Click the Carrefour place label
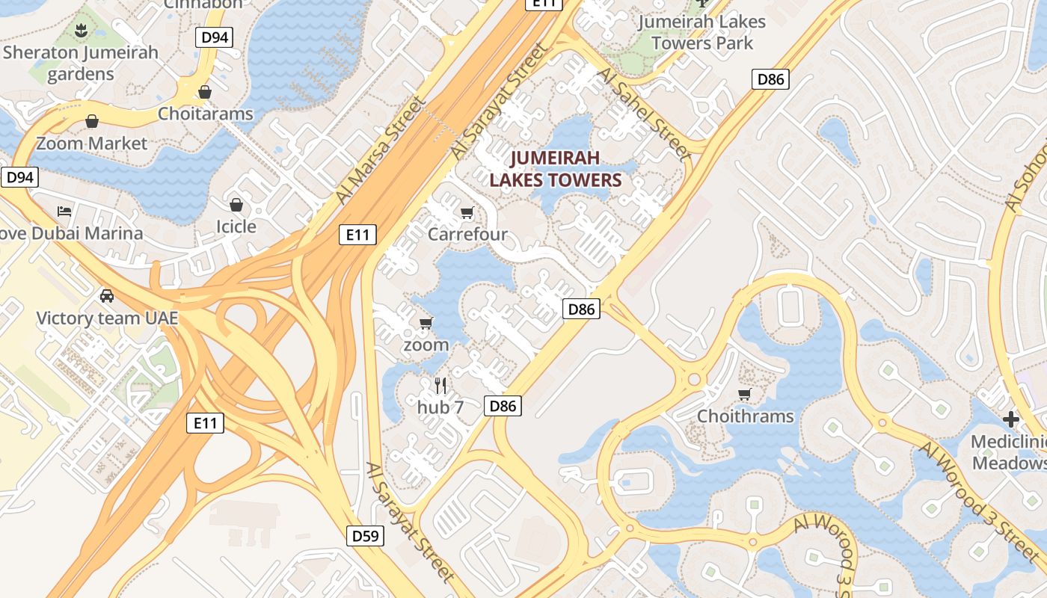467,234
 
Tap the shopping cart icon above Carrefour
467,213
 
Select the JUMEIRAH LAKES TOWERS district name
556,169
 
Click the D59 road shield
366,535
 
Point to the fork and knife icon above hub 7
440,386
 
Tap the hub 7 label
440,407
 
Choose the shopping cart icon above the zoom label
426,323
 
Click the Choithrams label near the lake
745,416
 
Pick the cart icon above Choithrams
744,394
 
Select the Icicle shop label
236,226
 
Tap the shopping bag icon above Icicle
236,205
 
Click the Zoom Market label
92,143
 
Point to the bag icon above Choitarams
205,92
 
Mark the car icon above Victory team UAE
107,295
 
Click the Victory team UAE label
108,318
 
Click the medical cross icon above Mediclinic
1011,419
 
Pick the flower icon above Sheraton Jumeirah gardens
81,31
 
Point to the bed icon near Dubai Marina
64,212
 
